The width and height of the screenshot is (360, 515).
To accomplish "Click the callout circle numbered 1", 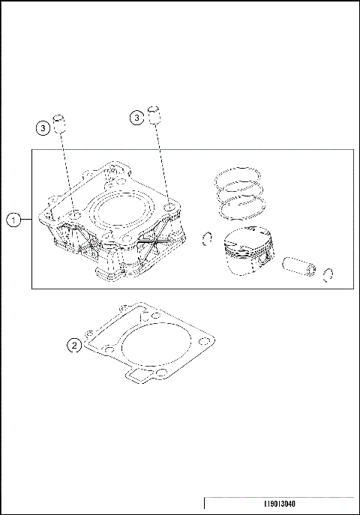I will click(13, 220).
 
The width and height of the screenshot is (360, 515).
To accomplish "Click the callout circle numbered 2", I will click(73, 346).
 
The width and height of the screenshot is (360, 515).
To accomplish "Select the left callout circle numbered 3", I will click(44, 128).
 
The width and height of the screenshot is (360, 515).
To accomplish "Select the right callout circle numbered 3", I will click(136, 117).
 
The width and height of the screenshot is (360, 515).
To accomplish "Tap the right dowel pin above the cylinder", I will click(154, 112).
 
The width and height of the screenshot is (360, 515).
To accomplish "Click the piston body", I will click(247, 255).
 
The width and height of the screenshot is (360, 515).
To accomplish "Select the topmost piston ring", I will click(240, 176).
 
